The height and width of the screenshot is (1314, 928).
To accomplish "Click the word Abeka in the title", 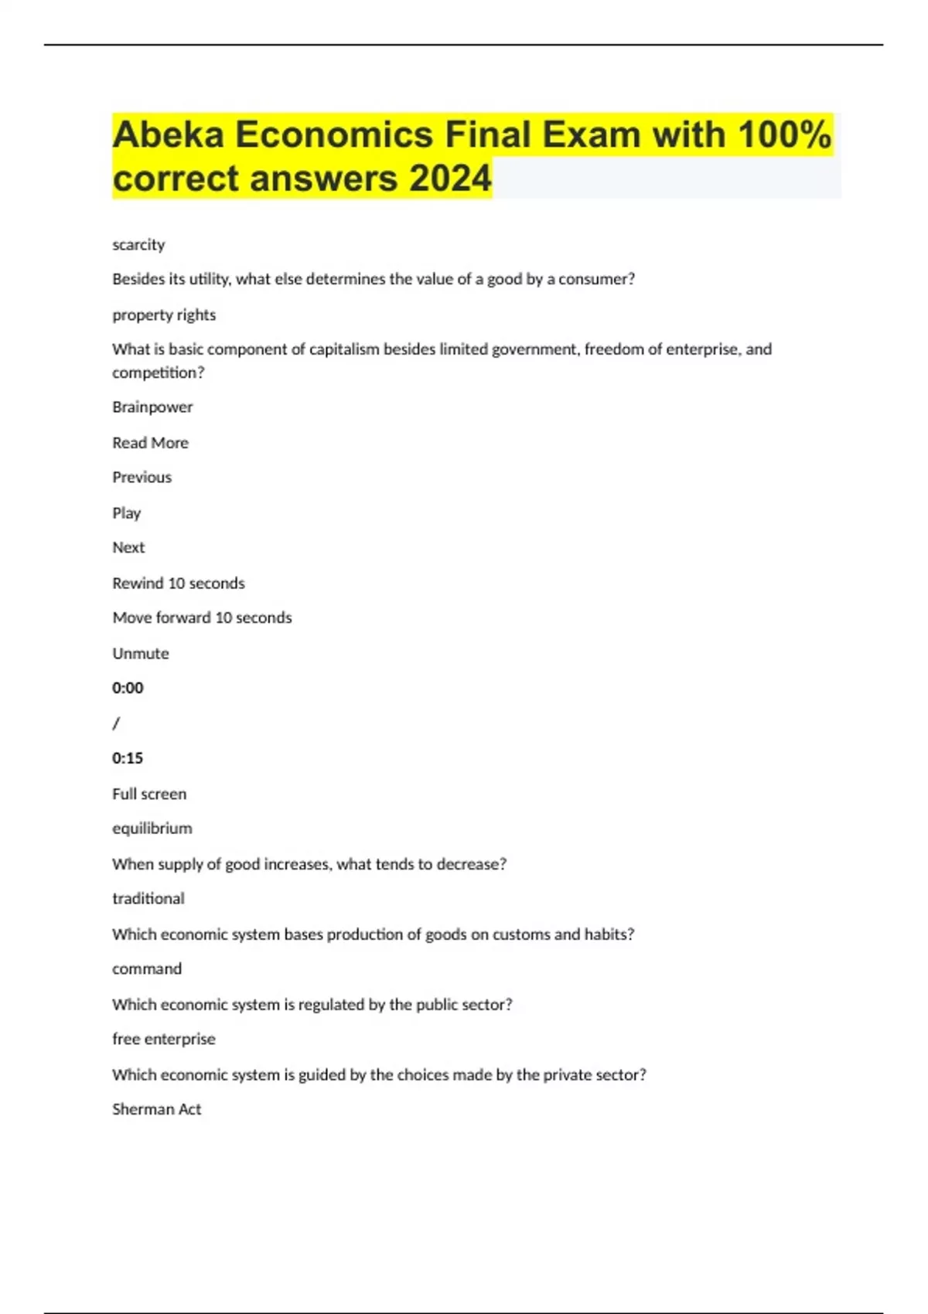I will (x=168, y=135).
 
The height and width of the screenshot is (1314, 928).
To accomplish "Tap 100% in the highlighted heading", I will (x=784, y=135).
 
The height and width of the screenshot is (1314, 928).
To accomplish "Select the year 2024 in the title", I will (x=450, y=179).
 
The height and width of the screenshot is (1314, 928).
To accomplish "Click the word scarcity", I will (x=138, y=245).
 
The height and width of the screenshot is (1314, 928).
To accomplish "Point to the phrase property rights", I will (x=164, y=315).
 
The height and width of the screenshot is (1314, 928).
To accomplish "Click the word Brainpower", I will (x=152, y=407).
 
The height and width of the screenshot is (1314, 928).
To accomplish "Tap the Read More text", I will (x=150, y=443).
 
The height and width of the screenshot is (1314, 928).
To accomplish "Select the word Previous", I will (x=142, y=478).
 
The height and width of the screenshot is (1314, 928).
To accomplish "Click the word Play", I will (x=126, y=513).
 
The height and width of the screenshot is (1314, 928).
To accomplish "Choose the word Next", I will (x=128, y=548).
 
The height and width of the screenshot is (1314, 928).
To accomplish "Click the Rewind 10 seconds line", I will (x=178, y=584).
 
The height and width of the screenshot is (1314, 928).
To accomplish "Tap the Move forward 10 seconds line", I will (x=202, y=618).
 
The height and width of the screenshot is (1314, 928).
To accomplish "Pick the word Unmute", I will (x=140, y=654).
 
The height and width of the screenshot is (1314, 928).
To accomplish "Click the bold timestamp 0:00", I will (x=128, y=688).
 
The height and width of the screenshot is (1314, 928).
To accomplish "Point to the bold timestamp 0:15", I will (x=128, y=758).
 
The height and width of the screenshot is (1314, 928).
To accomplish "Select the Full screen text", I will (x=149, y=794).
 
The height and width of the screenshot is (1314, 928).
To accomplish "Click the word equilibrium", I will (x=152, y=829).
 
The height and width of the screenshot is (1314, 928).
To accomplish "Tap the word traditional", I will (x=148, y=899).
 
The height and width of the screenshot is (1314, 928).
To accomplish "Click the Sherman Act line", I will (x=156, y=1109).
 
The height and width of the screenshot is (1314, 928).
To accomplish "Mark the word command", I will (x=147, y=969).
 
